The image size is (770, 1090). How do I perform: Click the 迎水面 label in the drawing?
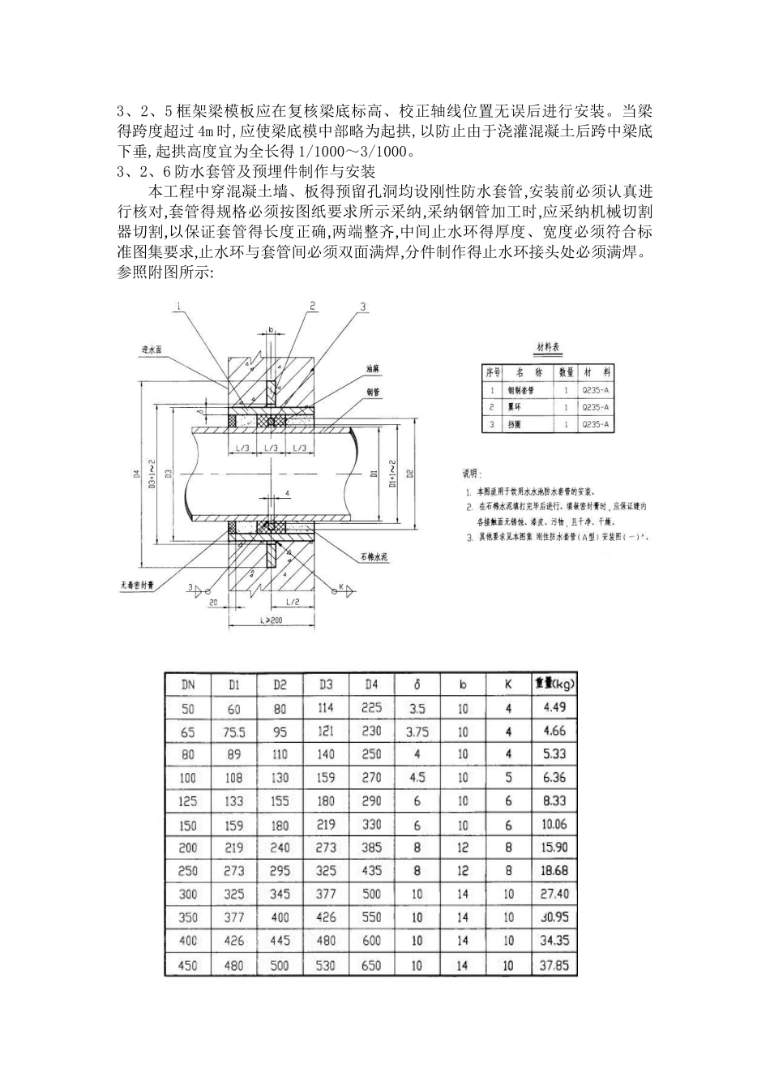152,350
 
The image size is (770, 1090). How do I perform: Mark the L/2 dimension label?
293,601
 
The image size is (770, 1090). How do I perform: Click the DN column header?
188,684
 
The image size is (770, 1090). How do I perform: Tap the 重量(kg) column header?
554,684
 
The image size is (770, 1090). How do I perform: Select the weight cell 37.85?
554,965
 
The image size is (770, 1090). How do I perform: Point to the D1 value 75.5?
234,732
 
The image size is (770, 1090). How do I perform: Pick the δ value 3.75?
417,732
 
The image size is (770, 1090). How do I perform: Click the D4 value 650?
371,965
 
